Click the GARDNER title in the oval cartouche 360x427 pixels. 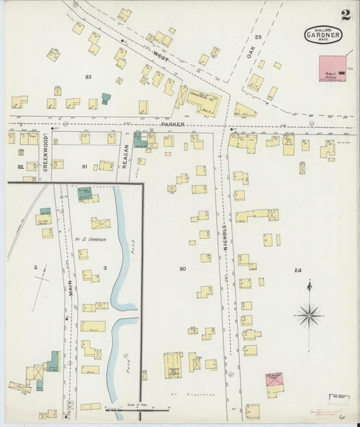324,34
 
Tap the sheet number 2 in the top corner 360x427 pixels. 345,15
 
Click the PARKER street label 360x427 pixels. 172,125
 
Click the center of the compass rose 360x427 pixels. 309,314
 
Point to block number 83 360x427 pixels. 88,77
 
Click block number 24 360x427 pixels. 297,270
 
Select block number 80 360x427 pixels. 182,269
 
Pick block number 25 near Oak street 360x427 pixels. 258,37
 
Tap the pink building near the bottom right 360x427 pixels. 274,379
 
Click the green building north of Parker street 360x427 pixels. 106,98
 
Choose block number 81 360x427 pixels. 84,166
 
